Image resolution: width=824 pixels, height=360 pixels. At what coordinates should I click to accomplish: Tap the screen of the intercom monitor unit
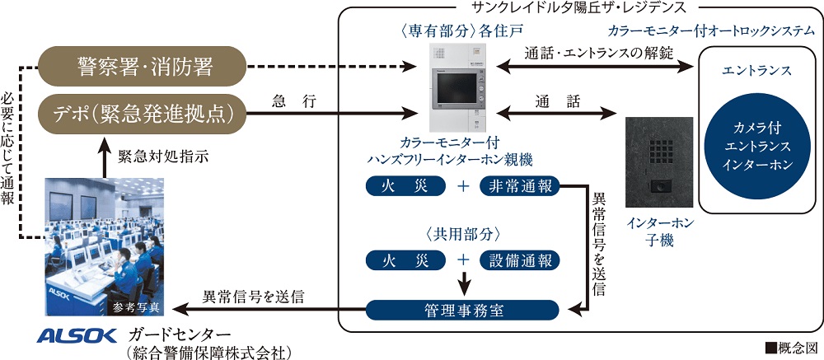pyautogui.click(x=454, y=88)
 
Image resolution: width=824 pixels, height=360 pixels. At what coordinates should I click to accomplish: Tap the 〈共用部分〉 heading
pyautogui.click(x=462, y=232)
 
